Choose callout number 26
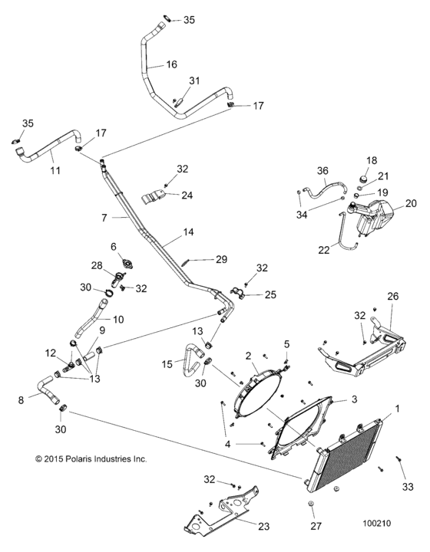tap(393, 297)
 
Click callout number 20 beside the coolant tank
tap(411, 203)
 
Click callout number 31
tap(194, 80)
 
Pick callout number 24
tap(187, 195)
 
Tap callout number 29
tap(221, 260)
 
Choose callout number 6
tap(113, 246)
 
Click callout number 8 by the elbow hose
tap(21, 399)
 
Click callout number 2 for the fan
tap(249, 355)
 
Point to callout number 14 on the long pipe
tap(188, 231)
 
